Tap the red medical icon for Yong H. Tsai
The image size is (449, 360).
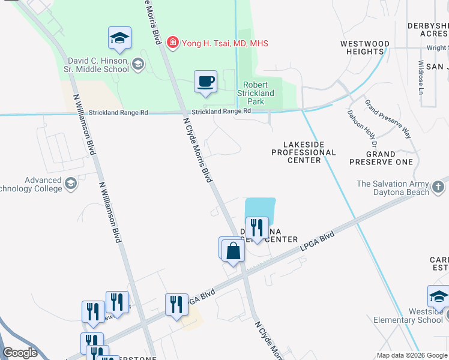click(x=173, y=43)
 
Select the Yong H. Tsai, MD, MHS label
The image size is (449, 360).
click(x=224, y=43)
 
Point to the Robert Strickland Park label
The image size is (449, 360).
click(x=259, y=93)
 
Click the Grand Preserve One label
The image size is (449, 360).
click(x=381, y=158)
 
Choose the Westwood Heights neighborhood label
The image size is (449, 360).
click(x=364, y=48)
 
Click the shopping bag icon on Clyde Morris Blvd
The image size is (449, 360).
click(x=234, y=252)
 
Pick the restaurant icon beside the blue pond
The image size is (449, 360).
click(x=257, y=228)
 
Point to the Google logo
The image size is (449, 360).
click(x=20, y=353)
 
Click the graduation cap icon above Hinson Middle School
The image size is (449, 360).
click(x=120, y=38)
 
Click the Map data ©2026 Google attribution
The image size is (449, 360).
click(x=411, y=355)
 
